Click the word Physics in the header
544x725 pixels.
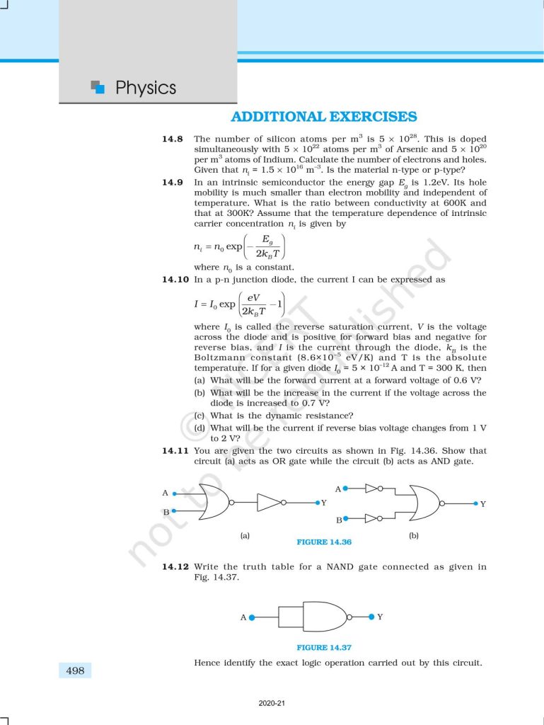point(145,88)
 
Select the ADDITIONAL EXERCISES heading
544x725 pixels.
point(324,117)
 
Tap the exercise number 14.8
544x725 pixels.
point(173,139)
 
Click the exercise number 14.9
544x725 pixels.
point(173,183)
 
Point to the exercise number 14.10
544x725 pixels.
point(175,280)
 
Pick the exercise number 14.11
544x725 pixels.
point(175,451)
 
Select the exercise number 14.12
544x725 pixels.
point(175,567)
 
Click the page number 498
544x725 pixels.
point(75,670)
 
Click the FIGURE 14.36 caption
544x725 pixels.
point(325,542)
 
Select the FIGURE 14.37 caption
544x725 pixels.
point(324,647)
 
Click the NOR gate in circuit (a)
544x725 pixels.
point(214,502)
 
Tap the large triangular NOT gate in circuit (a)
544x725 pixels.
point(270,503)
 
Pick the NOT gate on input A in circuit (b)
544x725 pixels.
point(374,488)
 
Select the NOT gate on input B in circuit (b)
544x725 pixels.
point(374,518)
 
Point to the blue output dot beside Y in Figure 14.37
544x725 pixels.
point(371,617)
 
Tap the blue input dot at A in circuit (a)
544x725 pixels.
point(174,493)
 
